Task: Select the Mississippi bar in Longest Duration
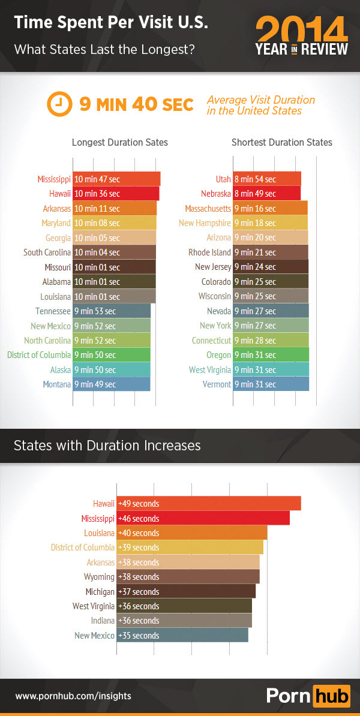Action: (x=116, y=179)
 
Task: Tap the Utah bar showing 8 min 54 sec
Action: (x=267, y=179)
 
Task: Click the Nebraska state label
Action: (x=216, y=194)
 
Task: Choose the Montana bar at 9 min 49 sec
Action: (x=112, y=384)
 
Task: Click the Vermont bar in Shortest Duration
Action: (x=271, y=384)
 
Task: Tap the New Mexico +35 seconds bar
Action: (x=182, y=636)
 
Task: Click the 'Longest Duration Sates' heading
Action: (x=120, y=143)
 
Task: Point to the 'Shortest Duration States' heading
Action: (x=281, y=143)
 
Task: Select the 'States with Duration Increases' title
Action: (x=107, y=446)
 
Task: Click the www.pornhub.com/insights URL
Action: (x=73, y=696)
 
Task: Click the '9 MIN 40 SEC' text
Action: (x=137, y=105)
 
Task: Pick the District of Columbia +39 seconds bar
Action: (x=190, y=547)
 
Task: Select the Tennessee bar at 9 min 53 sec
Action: (x=112, y=311)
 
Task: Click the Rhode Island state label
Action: (x=209, y=252)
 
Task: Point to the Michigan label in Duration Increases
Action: (x=100, y=592)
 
